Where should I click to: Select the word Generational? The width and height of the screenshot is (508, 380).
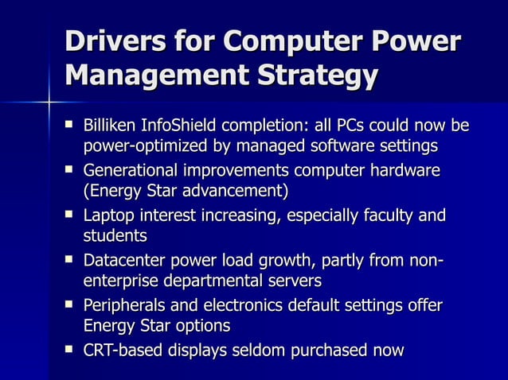click(131, 171)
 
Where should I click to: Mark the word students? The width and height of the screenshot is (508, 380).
click(115, 236)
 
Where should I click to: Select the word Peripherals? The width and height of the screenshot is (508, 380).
click(126, 305)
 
